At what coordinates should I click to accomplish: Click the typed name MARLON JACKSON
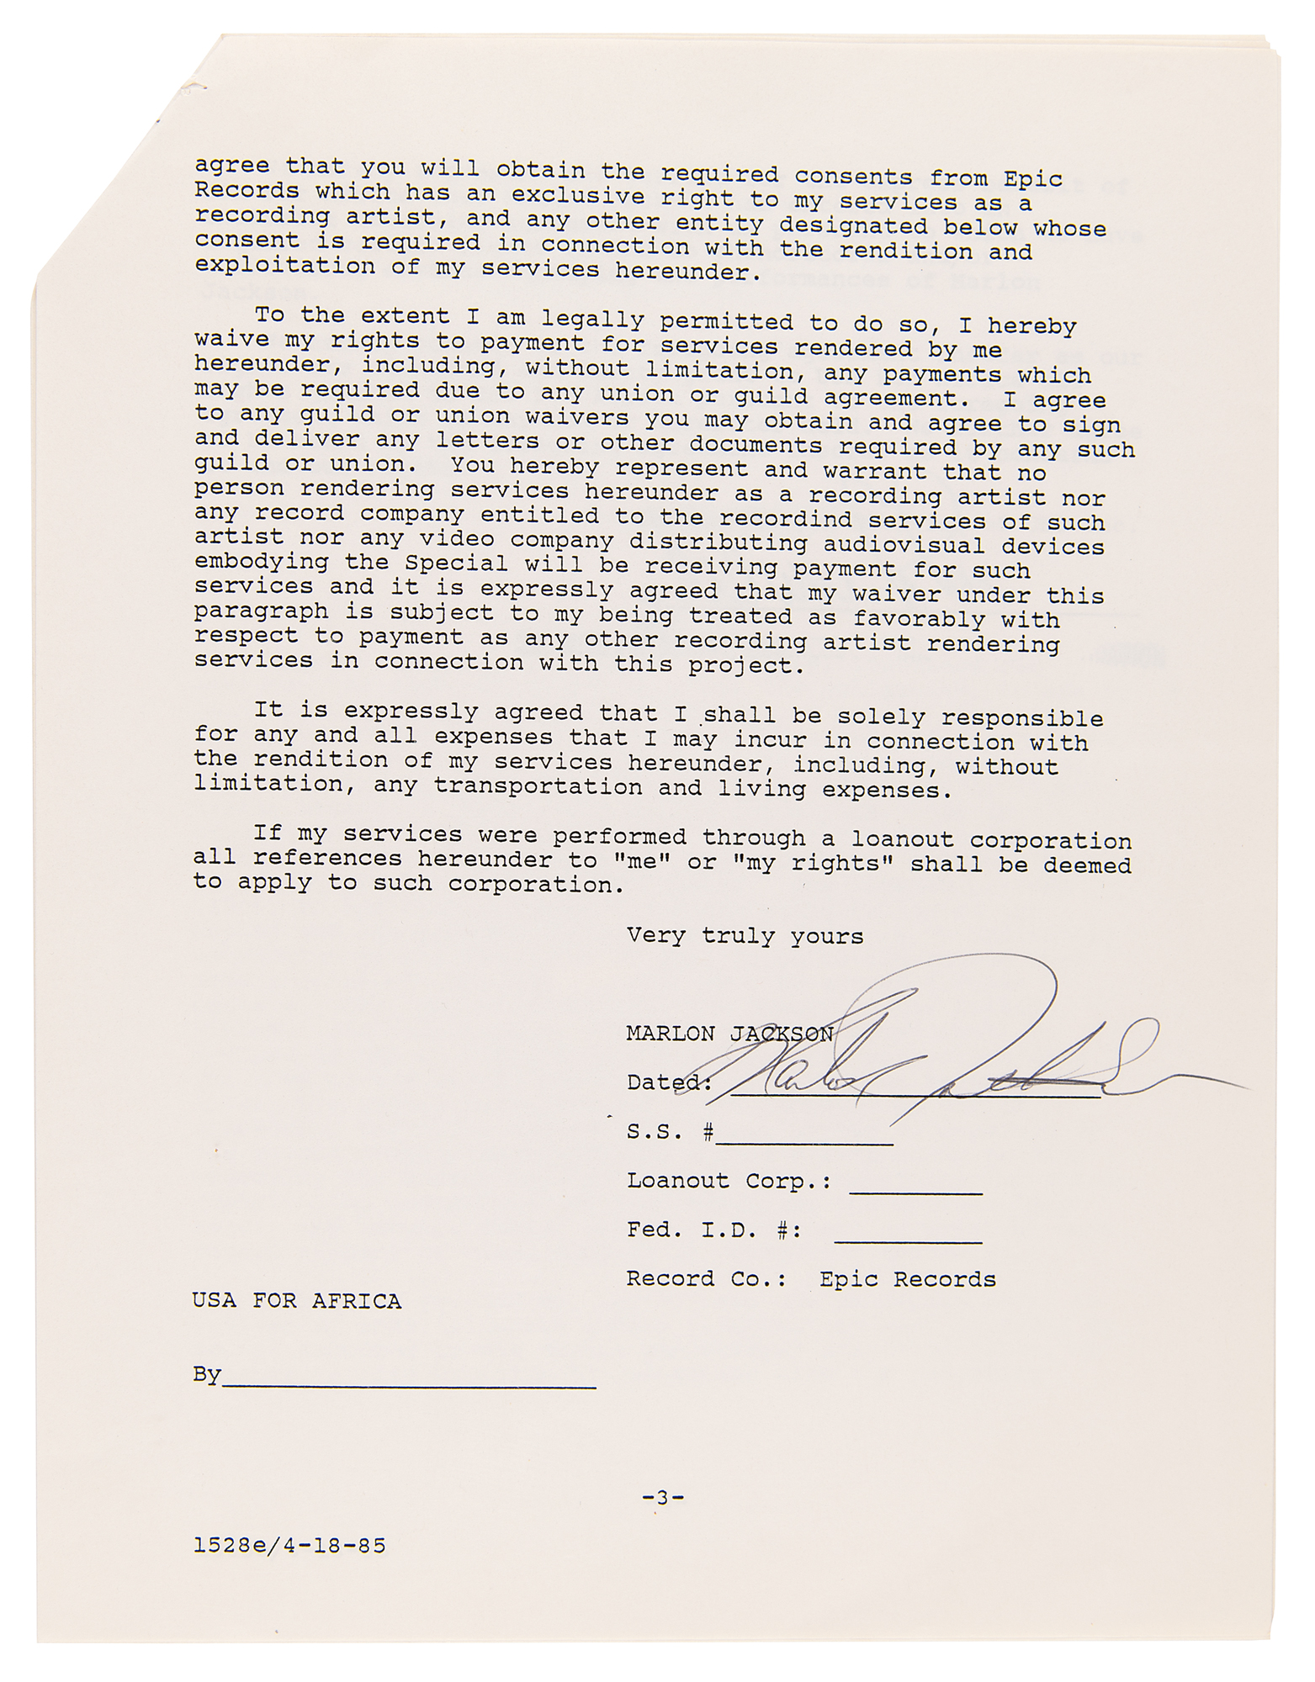tap(729, 1034)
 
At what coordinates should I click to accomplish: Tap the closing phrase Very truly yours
tap(745, 936)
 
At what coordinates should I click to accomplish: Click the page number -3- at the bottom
tap(663, 1498)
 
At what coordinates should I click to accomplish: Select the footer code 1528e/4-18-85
tap(289, 1545)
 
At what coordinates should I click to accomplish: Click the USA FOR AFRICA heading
tap(296, 1301)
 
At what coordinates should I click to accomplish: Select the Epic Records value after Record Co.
tap(907, 1279)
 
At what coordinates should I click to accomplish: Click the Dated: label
tap(669, 1082)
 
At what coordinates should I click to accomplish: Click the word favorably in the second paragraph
tap(919, 619)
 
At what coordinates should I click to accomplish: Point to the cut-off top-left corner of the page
tap(118, 160)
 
